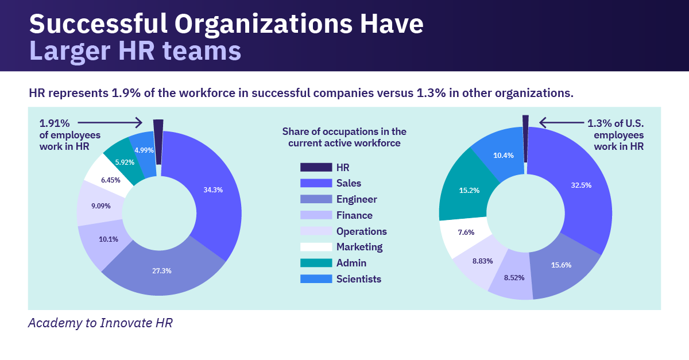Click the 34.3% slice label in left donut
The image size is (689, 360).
click(212, 189)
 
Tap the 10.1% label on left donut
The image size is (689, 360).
click(108, 239)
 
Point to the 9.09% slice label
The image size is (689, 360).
click(100, 205)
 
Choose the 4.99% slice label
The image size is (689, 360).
click(144, 150)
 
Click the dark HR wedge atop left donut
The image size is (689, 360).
click(158, 141)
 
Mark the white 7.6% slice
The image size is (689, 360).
click(466, 233)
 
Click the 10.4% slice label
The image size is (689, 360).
click(504, 155)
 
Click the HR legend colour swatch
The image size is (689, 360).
click(316, 167)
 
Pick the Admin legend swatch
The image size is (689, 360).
click(316, 262)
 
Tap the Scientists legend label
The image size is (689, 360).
click(358, 279)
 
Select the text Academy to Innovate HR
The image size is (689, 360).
click(100, 323)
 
